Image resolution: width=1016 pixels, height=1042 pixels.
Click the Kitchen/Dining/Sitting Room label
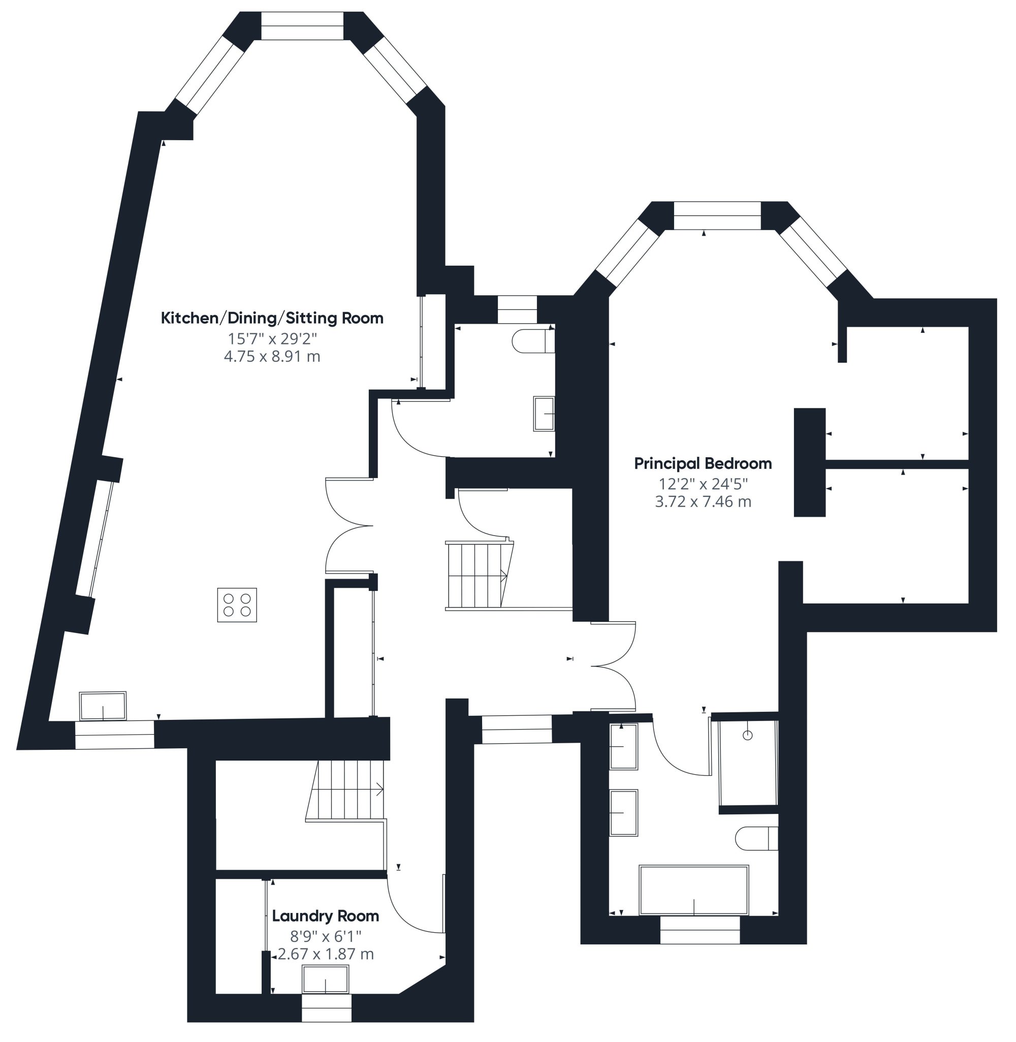(272, 319)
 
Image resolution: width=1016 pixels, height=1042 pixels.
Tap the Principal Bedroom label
(703, 464)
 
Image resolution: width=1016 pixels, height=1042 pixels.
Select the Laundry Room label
(326, 916)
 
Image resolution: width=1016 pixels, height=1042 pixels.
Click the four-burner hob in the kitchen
(237, 605)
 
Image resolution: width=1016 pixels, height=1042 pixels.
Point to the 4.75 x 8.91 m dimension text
(272, 357)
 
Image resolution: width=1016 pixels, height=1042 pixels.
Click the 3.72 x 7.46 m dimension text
(703, 501)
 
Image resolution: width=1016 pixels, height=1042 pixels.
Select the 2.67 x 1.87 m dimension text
(326, 954)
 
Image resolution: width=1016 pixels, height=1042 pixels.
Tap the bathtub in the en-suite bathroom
(694, 891)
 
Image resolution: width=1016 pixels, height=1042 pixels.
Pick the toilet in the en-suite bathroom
(756, 839)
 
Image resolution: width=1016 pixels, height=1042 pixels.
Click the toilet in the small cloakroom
(533, 341)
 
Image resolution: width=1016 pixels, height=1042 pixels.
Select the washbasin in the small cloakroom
(544, 414)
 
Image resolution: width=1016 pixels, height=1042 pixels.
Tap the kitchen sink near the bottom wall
(103, 706)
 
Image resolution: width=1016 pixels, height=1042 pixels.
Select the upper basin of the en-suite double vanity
(624, 747)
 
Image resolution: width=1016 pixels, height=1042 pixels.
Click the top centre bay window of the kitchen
(302, 25)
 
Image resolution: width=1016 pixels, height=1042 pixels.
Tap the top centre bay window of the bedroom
(717, 215)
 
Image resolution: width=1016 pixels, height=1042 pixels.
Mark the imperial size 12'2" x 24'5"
(703, 484)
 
